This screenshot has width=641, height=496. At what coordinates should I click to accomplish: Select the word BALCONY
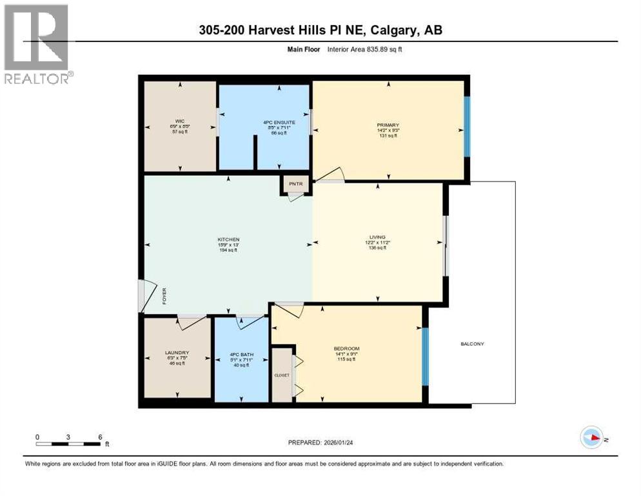[x=473, y=344]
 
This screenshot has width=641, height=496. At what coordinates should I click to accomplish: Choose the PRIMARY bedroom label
[x=388, y=125]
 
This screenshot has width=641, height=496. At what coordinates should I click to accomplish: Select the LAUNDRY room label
[x=177, y=352]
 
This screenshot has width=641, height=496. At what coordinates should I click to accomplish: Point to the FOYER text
[x=164, y=300]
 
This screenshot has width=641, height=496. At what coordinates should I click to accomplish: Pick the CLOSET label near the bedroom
[x=282, y=375]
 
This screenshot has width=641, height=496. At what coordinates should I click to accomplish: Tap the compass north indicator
[x=591, y=438]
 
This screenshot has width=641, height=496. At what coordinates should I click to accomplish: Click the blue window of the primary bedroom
[x=468, y=127]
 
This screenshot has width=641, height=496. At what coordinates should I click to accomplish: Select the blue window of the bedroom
[x=424, y=356]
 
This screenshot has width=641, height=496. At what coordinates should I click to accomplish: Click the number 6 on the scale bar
[x=100, y=437]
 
